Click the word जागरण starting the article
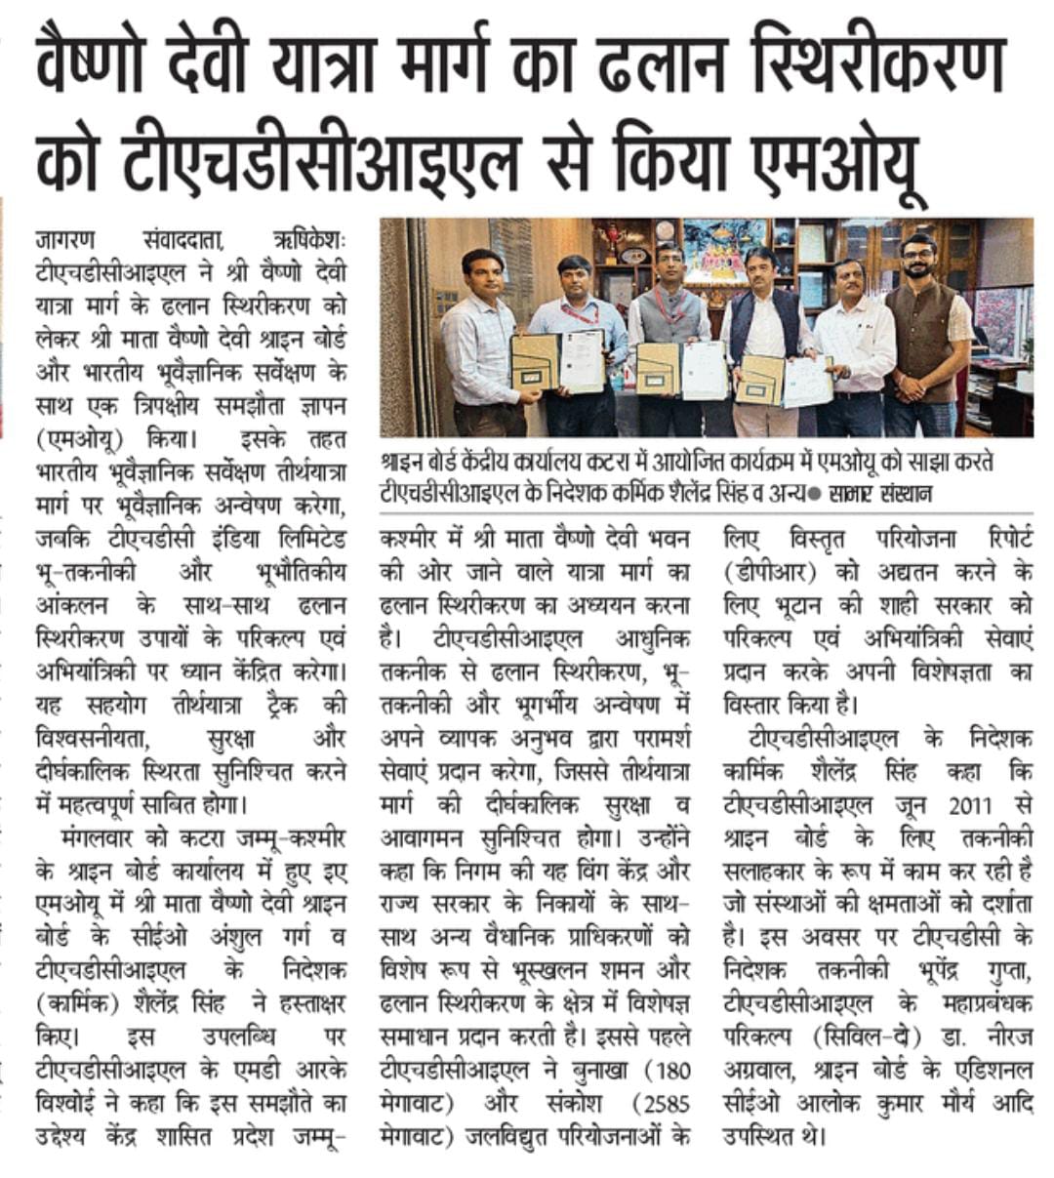[68, 239]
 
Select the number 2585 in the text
[660, 1103]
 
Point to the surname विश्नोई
[69, 1103]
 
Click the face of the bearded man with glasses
[917, 256]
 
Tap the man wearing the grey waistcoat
[667, 322]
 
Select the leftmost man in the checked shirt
[480, 332]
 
